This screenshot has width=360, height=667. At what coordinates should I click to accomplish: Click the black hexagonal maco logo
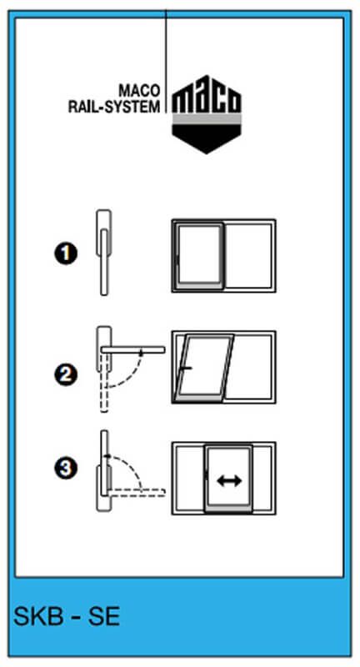tap(207, 114)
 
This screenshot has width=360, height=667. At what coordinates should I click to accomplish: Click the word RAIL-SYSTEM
tap(114, 106)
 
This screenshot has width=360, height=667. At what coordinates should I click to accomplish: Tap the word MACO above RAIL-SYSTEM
tap(140, 91)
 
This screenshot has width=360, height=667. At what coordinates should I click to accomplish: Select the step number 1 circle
tap(66, 255)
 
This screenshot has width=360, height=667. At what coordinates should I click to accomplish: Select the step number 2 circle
tap(66, 375)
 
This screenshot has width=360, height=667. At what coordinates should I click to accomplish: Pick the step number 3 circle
tap(66, 469)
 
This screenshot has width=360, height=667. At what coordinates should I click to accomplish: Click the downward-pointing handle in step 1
tap(104, 262)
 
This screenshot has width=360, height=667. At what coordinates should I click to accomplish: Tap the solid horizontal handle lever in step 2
tap(133, 349)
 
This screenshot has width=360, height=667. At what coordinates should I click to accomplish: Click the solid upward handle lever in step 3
tap(104, 463)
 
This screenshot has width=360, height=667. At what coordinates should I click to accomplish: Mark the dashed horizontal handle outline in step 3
tap(137, 492)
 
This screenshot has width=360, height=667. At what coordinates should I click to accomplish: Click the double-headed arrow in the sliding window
tap(229, 481)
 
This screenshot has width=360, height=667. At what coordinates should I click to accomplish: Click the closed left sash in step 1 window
tap(198, 256)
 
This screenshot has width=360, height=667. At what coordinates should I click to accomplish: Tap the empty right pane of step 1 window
tap(248, 256)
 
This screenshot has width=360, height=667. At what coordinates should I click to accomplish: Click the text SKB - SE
tap(67, 616)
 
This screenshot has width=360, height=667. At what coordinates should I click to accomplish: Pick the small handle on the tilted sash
tap(186, 368)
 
